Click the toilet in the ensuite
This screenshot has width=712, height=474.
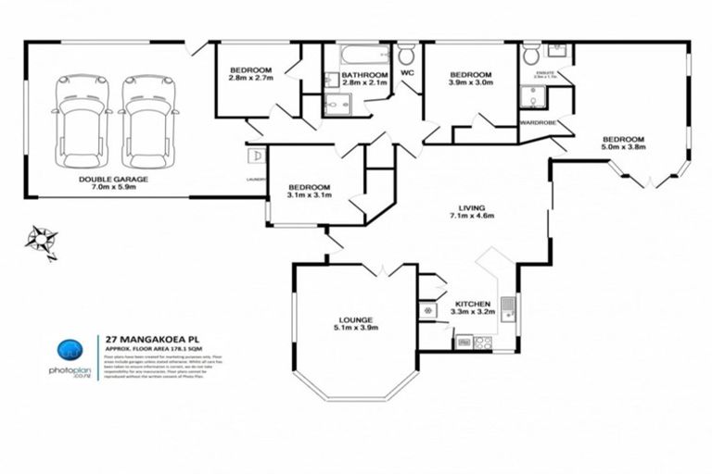531,56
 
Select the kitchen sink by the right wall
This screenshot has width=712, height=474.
507,303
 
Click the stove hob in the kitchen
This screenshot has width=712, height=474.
483,342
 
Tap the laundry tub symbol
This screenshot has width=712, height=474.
257,156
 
